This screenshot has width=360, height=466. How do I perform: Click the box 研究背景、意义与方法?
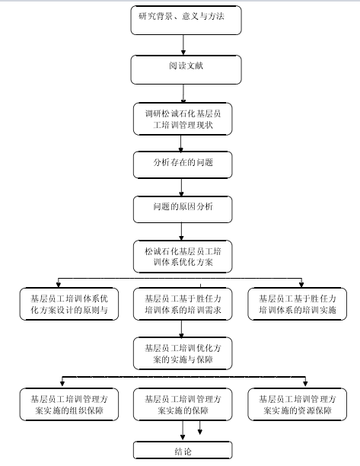[186, 21]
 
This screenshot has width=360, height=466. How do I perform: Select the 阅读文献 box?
[186, 69]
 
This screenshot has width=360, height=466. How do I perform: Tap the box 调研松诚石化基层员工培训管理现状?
[183, 119]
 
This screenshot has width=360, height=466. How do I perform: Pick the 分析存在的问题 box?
[183, 165]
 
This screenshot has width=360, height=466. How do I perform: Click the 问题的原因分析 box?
[183, 209]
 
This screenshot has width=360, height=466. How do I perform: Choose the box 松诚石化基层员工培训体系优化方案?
[183, 257]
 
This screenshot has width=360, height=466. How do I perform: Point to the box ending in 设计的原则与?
[69, 304]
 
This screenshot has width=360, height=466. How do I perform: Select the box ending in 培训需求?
[183, 304]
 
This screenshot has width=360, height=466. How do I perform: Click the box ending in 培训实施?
[297, 304]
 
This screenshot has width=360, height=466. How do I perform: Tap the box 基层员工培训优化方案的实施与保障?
[183, 353]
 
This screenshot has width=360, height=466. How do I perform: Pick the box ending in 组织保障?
[69, 404]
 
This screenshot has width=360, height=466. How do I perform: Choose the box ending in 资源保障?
[297, 404]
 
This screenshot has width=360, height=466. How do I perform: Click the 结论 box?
[183, 451]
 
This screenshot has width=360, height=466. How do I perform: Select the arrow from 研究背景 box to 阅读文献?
[183, 45]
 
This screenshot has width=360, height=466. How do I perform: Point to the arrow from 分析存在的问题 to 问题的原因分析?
[181, 187]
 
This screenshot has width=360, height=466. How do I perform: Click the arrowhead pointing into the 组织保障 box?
[62, 383]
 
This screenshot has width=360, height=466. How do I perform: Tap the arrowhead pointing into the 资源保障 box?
[305, 383]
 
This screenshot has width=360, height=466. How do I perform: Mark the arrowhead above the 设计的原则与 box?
[59, 285]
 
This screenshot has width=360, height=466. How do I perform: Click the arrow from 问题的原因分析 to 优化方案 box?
[181, 231]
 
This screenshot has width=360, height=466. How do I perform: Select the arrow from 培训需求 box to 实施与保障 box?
[181, 329]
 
